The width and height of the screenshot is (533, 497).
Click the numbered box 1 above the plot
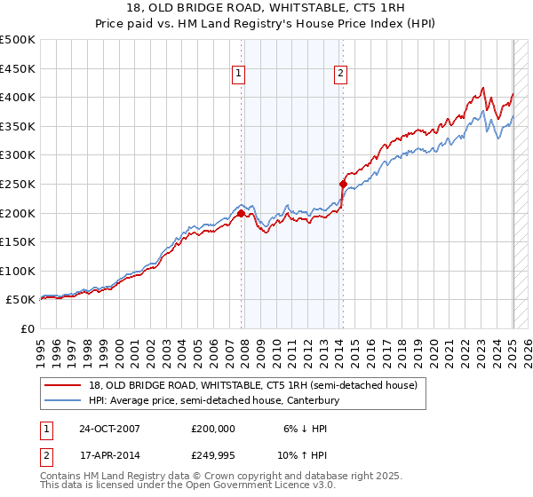click(x=241, y=74)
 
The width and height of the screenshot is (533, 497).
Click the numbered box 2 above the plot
click(x=341, y=74)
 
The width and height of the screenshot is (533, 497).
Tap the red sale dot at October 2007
click(x=241, y=212)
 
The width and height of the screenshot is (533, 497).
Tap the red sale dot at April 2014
click(x=343, y=184)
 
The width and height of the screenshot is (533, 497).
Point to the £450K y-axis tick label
click(x=18, y=68)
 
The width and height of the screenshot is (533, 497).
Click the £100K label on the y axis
click(x=18, y=271)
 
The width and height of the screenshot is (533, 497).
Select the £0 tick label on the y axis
click(x=27, y=328)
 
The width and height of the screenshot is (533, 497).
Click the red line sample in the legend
click(x=63, y=385)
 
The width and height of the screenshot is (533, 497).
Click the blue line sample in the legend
click(x=63, y=401)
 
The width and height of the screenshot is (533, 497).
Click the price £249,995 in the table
click(x=213, y=457)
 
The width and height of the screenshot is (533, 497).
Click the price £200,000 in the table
click(x=213, y=429)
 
